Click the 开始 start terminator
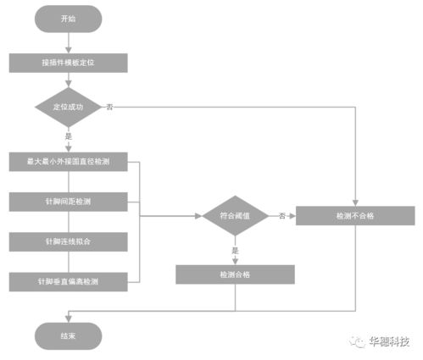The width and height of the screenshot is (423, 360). (68, 18)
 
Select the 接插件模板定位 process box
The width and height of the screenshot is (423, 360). (68, 63)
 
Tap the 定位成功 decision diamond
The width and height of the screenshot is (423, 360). (68, 108)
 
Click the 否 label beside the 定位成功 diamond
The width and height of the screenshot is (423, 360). (109, 108)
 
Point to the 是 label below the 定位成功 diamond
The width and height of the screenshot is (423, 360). (68, 136)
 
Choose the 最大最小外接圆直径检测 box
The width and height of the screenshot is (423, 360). (68, 161)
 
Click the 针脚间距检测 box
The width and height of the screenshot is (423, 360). (68, 202)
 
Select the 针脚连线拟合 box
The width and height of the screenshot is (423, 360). (68, 241)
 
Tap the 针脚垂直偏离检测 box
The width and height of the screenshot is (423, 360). (68, 280)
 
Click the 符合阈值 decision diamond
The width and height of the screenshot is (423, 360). (235, 216)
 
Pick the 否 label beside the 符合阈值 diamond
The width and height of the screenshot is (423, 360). (281, 216)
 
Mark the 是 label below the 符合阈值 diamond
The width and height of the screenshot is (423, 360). (235, 250)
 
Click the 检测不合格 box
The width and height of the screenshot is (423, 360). (354, 216)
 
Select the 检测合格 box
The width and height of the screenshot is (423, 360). (235, 274)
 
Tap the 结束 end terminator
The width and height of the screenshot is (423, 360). (68, 335)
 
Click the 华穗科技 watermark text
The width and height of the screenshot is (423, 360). (388, 342)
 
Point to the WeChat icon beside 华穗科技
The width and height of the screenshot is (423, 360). (354, 342)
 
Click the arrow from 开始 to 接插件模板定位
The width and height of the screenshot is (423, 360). (68, 42)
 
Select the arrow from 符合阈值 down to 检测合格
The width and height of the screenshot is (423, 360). (235, 256)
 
